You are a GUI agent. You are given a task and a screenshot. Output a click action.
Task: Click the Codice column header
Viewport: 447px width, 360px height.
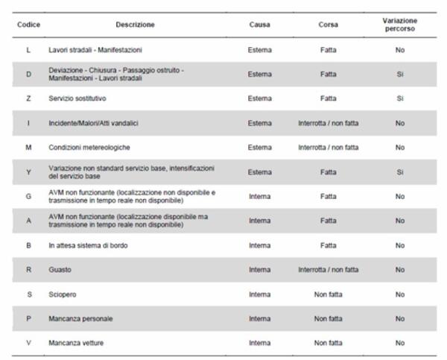[x=28, y=25]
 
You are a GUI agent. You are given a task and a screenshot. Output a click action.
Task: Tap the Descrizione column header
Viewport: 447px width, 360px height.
[x=136, y=25]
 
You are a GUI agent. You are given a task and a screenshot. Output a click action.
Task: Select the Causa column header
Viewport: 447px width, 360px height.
[x=260, y=25]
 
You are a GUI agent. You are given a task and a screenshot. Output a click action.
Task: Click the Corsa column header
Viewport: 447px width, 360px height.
[x=328, y=25]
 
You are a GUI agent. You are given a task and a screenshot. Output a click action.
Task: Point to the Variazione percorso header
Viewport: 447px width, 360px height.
[x=400, y=25]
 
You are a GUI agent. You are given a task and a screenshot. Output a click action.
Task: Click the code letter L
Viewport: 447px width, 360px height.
[x=28, y=50]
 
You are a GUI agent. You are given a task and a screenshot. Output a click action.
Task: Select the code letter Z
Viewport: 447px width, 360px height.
[x=28, y=98]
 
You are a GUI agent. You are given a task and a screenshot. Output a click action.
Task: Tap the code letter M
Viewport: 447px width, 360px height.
[x=28, y=148]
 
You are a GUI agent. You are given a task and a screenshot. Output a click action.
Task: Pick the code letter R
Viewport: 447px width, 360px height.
[x=28, y=269]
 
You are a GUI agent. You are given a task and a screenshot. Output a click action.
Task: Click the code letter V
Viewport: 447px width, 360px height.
[x=28, y=343]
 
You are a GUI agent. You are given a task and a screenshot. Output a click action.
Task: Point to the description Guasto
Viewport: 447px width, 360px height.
[x=59, y=269]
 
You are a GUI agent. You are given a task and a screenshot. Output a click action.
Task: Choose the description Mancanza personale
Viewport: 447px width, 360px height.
[x=80, y=318]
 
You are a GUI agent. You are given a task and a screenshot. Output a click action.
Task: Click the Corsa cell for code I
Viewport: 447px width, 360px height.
[x=328, y=123]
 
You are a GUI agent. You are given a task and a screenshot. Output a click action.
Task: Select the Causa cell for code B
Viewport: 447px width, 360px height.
[x=260, y=244]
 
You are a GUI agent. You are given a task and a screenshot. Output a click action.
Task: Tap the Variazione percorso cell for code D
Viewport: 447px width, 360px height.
[x=400, y=75]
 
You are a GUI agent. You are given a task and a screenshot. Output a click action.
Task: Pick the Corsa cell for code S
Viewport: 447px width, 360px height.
[x=328, y=294]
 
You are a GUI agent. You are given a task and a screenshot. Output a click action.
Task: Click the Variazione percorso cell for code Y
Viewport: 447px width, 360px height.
[x=400, y=171]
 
